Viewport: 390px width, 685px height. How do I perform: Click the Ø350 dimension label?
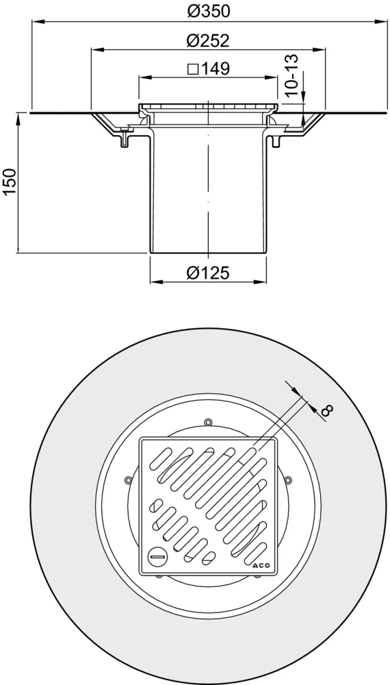click(208, 11)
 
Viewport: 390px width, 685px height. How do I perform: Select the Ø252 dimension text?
click(208, 40)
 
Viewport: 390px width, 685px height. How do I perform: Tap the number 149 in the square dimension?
click(216, 68)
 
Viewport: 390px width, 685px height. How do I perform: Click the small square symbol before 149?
click(192, 69)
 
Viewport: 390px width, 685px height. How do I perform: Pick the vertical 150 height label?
click(10, 182)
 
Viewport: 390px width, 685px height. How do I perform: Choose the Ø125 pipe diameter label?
click(208, 273)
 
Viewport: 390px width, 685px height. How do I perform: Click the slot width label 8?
click(327, 410)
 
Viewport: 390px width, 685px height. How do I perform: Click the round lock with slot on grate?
click(157, 556)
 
